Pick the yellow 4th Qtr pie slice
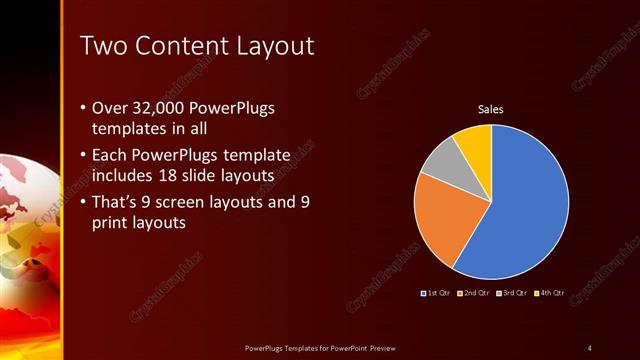point(474,142)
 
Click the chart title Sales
point(490,109)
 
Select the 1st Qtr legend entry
point(437,293)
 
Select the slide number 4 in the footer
point(589,347)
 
